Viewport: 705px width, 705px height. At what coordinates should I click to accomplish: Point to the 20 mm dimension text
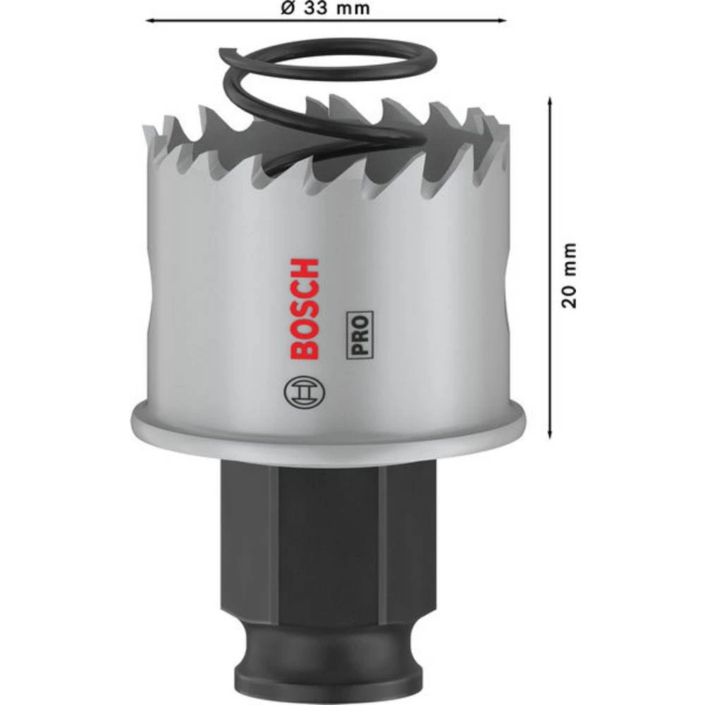pyautogui.click(x=570, y=275)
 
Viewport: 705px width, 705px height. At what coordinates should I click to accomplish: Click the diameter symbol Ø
pyautogui.click(x=286, y=9)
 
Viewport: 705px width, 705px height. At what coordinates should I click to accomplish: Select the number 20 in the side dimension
pyautogui.click(x=570, y=295)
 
